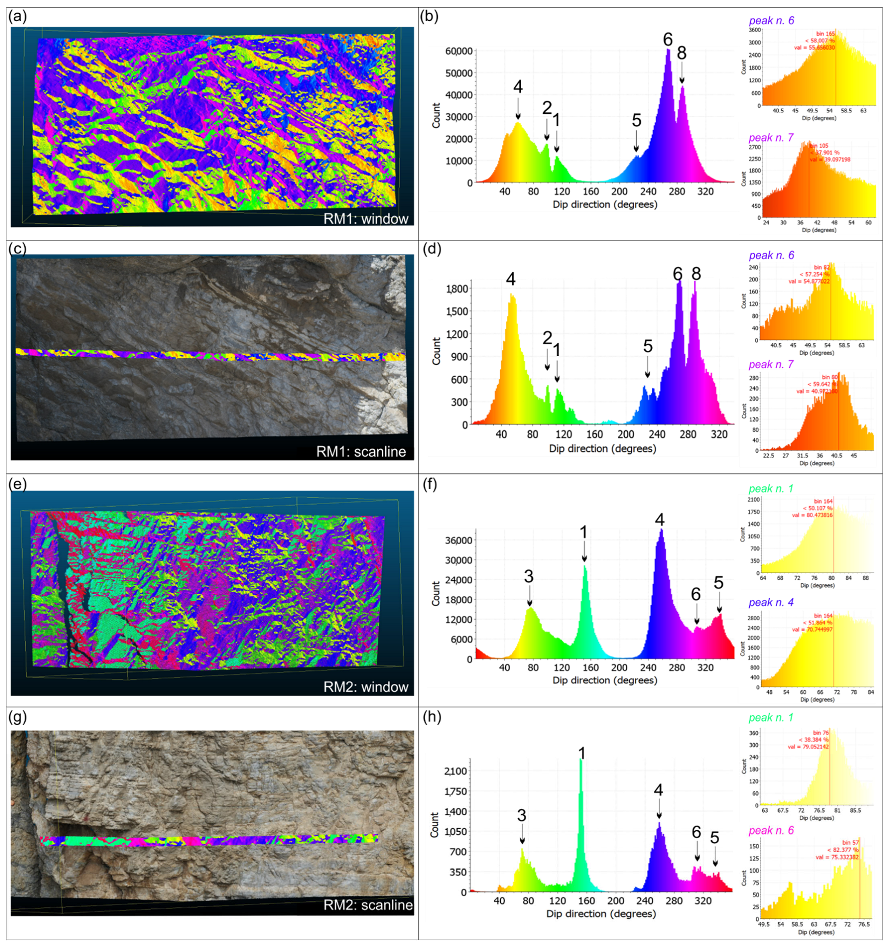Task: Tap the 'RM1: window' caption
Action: (x=365, y=219)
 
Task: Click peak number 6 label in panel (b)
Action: (x=668, y=40)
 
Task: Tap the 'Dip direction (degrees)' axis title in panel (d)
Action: (x=602, y=448)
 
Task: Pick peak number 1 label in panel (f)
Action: (x=583, y=532)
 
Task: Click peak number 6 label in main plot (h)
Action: (x=696, y=832)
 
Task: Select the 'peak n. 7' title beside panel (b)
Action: (x=771, y=138)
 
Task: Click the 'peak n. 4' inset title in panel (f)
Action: (x=771, y=602)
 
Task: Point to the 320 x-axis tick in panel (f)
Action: (x=706, y=668)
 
